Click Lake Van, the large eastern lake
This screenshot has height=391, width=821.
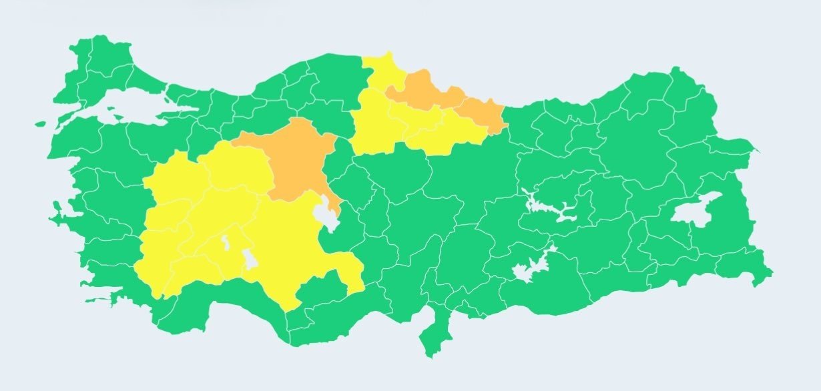(694, 211)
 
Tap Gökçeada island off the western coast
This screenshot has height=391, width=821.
(39, 124)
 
